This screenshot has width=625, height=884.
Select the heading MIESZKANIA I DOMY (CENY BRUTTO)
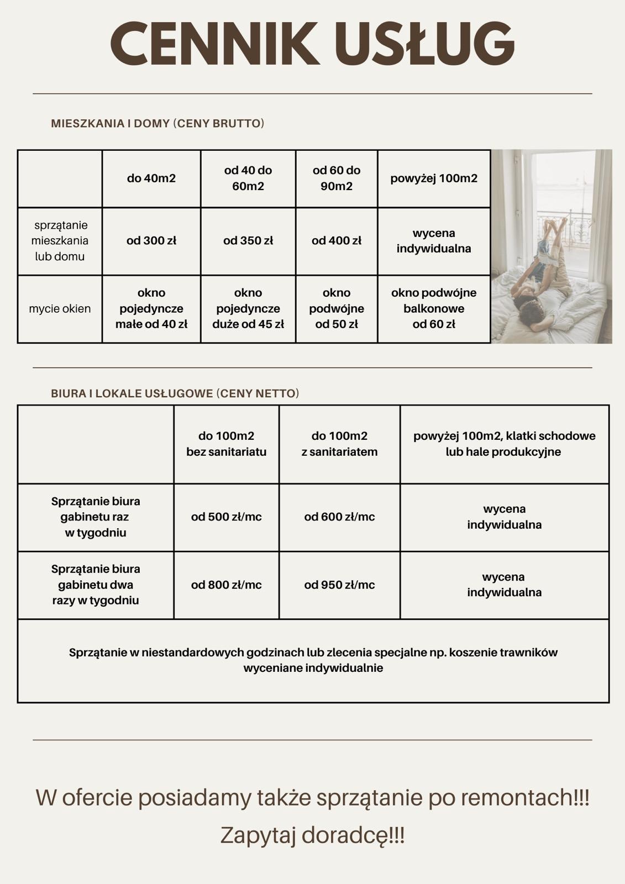tap(157, 123)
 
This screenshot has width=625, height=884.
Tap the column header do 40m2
tap(151, 178)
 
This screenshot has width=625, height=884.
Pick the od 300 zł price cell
tap(151, 241)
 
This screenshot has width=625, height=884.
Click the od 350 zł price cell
tap(248, 241)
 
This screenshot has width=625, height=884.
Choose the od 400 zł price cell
tap(337, 241)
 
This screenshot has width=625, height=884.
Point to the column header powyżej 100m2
tap(434, 178)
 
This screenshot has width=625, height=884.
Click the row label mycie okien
tap(60, 309)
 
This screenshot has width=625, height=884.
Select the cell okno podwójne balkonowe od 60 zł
tap(434, 309)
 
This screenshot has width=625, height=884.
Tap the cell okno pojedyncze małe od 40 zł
tap(151, 309)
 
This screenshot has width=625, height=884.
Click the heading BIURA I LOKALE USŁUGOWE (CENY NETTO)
tap(175, 393)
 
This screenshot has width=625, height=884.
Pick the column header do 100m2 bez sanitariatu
tap(227, 444)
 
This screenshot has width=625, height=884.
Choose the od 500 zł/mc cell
tap(227, 517)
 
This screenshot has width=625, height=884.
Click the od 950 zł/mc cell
tap(339, 585)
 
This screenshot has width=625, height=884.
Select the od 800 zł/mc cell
tap(227, 585)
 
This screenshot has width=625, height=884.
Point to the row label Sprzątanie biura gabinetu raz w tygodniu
tap(96, 517)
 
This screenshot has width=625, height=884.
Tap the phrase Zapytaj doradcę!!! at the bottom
tap(313, 835)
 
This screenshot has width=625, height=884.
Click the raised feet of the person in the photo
tap(555, 224)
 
